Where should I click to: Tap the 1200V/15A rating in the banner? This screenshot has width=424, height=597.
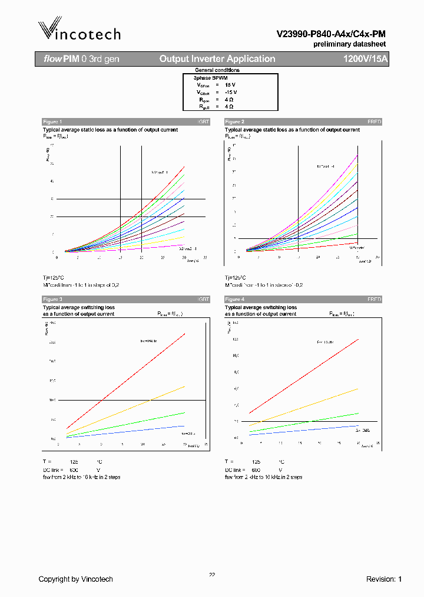click(365, 59)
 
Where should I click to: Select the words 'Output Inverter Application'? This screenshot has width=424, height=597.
click(217, 59)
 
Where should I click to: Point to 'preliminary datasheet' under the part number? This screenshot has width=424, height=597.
click(349, 45)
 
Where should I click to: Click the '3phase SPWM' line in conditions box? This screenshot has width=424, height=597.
click(210, 78)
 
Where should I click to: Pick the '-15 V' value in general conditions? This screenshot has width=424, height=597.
click(230, 93)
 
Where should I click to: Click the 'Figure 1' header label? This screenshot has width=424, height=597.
click(52, 122)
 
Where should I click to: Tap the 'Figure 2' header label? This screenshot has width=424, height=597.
click(234, 122)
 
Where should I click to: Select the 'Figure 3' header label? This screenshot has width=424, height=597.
click(52, 300)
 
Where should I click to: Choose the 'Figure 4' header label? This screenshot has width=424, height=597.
click(234, 300)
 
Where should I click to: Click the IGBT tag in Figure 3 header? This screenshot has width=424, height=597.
click(203, 300)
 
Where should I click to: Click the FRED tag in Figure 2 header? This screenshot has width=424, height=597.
click(375, 122)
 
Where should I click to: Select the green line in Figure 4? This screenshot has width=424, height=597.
click(306, 422)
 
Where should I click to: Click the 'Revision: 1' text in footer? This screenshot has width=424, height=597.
click(383, 579)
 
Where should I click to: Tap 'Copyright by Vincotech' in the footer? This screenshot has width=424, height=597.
click(75, 579)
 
